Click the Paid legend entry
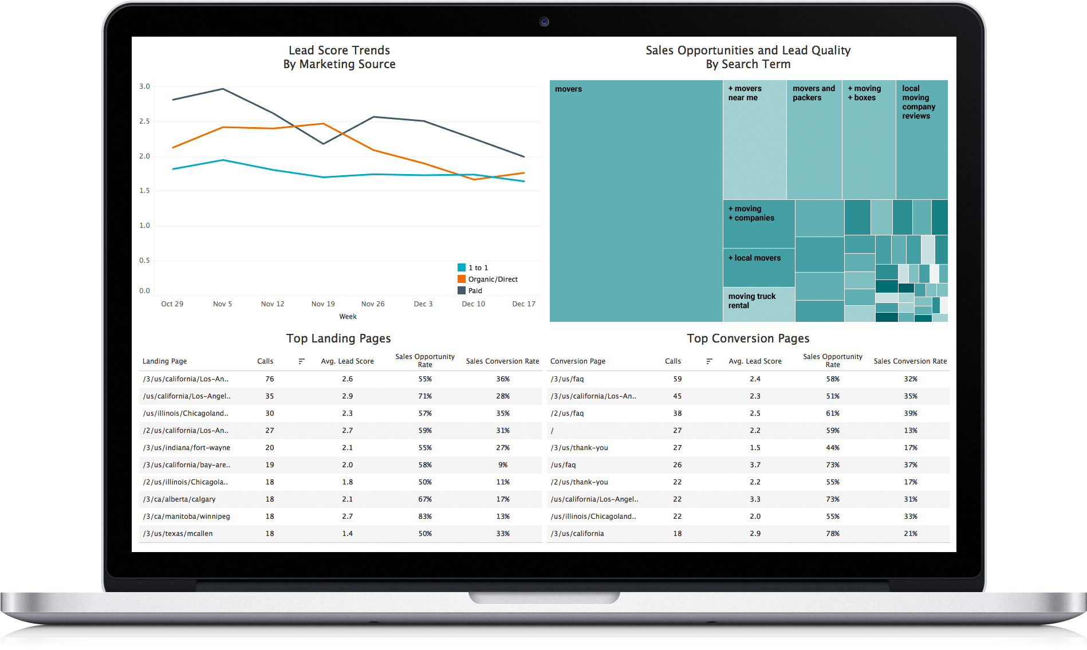(x=475, y=291)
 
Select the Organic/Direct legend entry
(x=492, y=279)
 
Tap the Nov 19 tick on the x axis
(x=323, y=304)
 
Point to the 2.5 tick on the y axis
(x=144, y=121)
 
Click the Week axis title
(x=348, y=317)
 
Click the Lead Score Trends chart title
(x=339, y=57)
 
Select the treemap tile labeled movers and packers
(x=814, y=140)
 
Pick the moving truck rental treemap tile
(x=758, y=304)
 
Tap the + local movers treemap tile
(x=758, y=267)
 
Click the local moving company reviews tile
(x=921, y=140)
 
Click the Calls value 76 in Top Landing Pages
(x=270, y=379)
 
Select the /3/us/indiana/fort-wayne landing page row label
(x=187, y=448)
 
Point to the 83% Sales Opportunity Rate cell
(x=425, y=517)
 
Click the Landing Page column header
(x=165, y=361)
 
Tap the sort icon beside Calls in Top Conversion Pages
(x=710, y=361)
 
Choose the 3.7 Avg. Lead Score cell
(x=755, y=465)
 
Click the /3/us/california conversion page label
(x=577, y=534)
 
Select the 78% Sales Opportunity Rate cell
(x=833, y=534)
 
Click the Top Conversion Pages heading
(x=748, y=338)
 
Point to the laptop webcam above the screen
(x=544, y=22)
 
